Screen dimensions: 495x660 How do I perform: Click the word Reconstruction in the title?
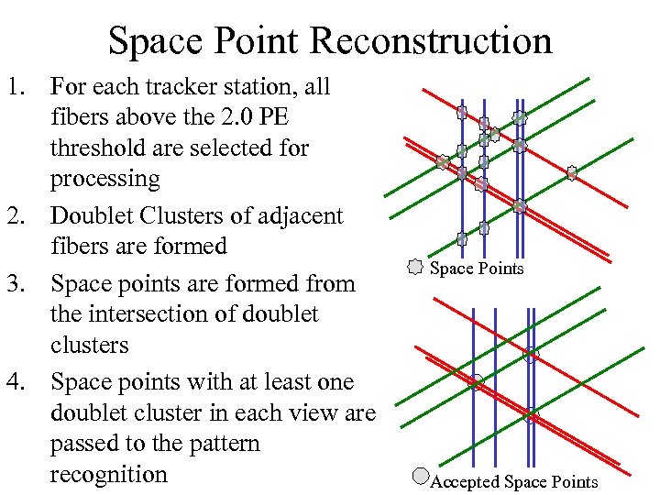point(431,41)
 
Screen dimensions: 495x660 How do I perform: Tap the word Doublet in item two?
point(94,216)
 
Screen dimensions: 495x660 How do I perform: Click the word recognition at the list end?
point(109,475)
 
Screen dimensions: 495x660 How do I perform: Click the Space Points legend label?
point(477,269)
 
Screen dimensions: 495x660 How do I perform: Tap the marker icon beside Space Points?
point(415,268)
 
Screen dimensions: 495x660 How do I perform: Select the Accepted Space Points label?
point(514,482)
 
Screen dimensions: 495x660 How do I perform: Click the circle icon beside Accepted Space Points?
point(421,476)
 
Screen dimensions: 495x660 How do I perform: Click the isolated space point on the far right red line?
point(572,172)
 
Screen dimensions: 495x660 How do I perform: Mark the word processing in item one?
point(104,179)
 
